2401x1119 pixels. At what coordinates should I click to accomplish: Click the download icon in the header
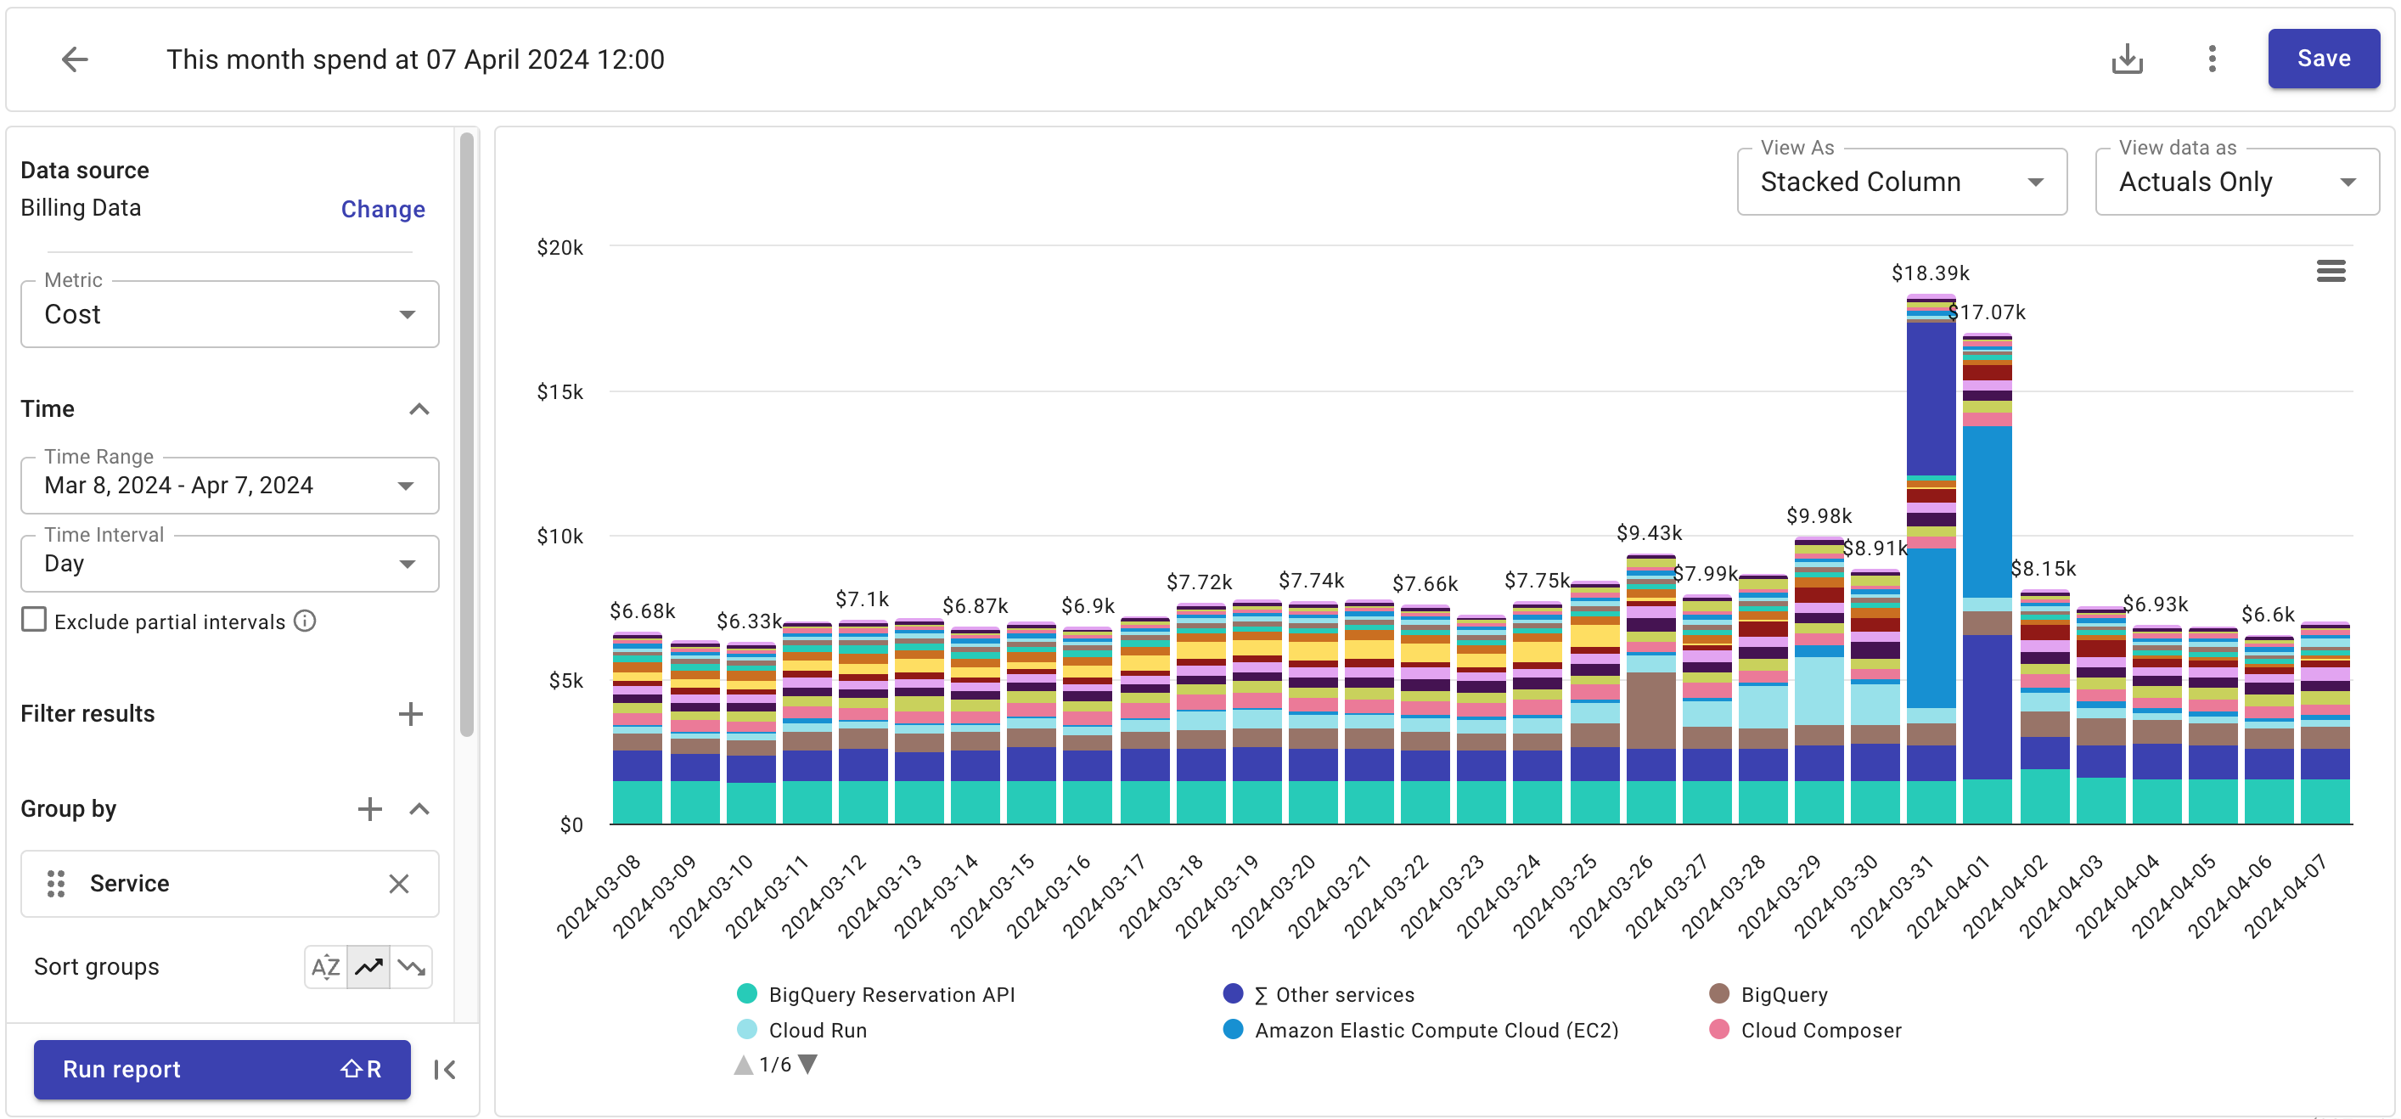(x=2126, y=59)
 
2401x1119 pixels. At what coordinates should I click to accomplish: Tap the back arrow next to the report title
(x=75, y=59)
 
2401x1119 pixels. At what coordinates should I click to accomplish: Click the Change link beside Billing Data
(x=382, y=209)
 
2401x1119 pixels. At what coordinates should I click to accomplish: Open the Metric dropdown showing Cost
(x=229, y=315)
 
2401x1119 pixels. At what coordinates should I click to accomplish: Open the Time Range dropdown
(x=229, y=486)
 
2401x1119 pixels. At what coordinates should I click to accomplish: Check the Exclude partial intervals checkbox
(x=35, y=620)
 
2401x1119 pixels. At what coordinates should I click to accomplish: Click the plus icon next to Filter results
(x=410, y=715)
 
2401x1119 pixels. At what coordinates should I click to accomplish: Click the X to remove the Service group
(x=399, y=883)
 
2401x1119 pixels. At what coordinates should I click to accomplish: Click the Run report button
(x=222, y=1069)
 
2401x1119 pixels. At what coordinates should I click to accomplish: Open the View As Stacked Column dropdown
(x=1902, y=182)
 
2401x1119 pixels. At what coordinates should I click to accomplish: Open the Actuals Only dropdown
(x=2236, y=182)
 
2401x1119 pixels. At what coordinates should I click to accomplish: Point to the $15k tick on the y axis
(x=559, y=392)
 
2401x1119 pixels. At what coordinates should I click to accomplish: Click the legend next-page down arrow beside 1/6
(x=808, y=1064)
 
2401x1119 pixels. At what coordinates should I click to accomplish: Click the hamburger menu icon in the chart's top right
(x=2331, y=271)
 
